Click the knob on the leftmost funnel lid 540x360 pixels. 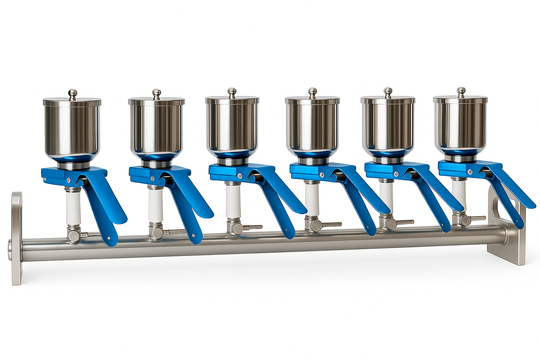coord(72,93)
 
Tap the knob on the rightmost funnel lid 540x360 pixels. coord(461,91)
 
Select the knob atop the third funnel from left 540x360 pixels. coord(232,92)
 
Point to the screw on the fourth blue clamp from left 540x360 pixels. coord(322,174)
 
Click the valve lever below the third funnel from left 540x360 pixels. coord(252,227)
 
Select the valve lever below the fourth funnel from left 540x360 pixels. coord(332,224)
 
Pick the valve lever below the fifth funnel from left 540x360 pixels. coord(405,222)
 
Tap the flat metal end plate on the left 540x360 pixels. coord(17,239)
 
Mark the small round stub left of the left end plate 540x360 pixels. coord(10,250)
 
